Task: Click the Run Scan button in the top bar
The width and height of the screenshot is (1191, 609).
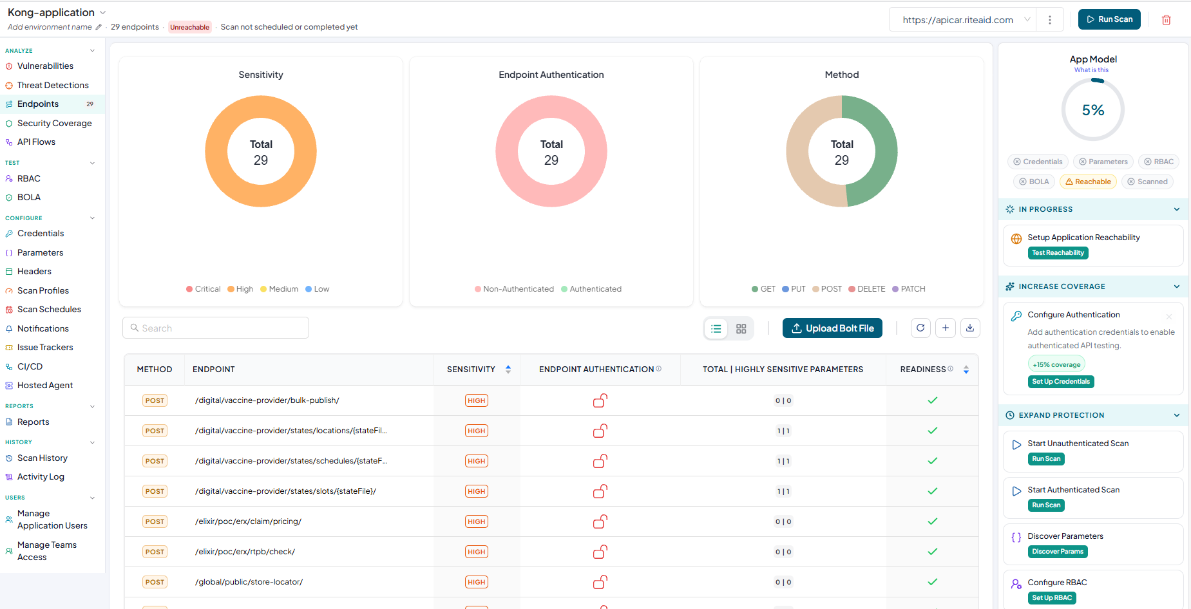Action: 1109,19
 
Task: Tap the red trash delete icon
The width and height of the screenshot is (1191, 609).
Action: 1166,20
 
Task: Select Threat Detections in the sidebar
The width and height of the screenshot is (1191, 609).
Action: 53,85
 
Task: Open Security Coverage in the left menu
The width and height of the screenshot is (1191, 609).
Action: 54,123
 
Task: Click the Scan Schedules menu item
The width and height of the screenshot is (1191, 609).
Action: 49,309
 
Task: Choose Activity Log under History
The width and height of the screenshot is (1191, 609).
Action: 41,476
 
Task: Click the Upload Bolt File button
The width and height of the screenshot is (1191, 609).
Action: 832,328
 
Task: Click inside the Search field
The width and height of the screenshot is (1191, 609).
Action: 216,328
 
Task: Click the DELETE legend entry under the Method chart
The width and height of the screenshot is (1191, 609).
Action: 867,289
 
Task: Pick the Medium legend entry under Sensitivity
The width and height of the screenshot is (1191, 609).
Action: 279,289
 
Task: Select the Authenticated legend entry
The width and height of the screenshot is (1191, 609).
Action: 591,289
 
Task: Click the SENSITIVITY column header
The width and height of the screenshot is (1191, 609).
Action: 471,370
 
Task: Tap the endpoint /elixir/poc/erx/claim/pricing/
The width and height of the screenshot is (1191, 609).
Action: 248,521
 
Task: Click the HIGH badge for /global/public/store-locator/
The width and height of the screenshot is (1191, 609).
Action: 477,582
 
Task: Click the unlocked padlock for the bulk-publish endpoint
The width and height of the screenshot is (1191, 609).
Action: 600,400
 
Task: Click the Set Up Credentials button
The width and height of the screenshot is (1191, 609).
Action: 1061,382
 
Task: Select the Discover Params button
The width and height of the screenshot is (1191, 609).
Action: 1058,552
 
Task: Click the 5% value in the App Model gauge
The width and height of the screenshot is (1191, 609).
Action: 1093,110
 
